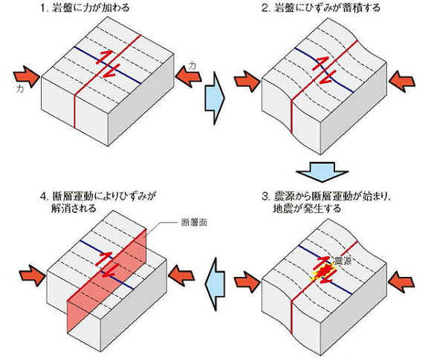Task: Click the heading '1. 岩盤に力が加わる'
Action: [85, 7]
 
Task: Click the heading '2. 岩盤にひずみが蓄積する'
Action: [321, 7]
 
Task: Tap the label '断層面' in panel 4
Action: [194, 223]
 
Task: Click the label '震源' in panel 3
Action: [342, 261]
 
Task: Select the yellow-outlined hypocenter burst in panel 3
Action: [323, 272]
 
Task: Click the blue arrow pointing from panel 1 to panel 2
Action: [215, 98]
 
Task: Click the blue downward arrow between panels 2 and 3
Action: [322, 172]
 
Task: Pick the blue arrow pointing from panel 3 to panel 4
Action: [215, 284]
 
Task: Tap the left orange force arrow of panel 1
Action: [27, 76]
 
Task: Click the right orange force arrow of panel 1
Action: [188, 76]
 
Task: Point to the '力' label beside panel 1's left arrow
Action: [19, 89]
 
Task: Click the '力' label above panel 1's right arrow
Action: [192, 66]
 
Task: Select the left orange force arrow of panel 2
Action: [247, 81]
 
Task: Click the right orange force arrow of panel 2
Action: [402, 81]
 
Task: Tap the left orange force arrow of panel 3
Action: [247, 282]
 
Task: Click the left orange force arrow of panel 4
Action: [33, 275]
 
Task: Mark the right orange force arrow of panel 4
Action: [181, 275]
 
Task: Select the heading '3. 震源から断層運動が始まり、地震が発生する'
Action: [327, 202]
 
